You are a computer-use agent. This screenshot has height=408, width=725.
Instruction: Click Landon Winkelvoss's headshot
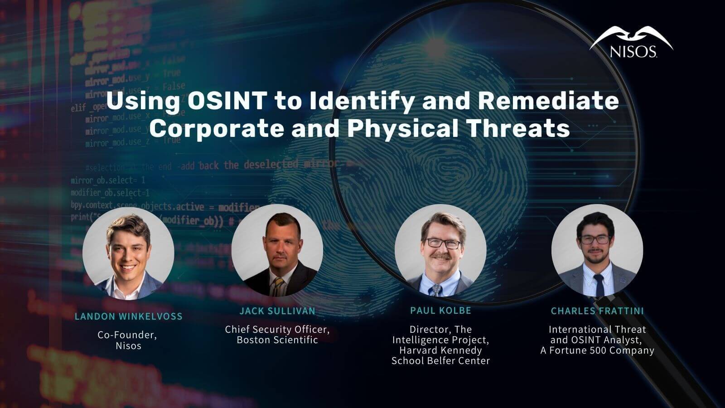point(128,253)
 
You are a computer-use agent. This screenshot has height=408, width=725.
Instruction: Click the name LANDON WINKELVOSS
point(128,316)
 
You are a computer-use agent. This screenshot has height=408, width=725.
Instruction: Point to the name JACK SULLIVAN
point(277,311)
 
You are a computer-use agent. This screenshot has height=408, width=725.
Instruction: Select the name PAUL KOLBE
point(440,311)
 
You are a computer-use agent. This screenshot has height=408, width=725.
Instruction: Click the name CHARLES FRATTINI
point(597,311)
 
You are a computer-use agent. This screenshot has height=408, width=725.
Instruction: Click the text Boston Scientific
point(277,340)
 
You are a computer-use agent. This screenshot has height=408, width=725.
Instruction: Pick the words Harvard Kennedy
point(440,350)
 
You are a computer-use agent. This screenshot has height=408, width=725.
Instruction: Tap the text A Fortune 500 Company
point(597,350)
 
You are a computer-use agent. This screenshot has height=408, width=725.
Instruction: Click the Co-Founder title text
point(127,335)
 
